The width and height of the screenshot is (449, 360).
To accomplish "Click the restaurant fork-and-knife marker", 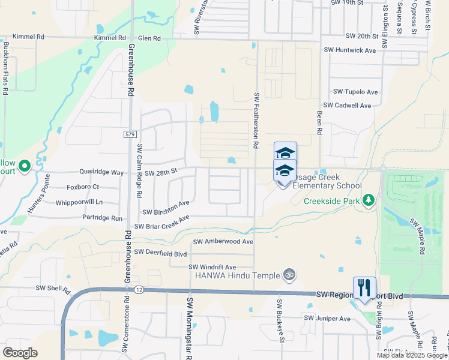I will coord(364,287).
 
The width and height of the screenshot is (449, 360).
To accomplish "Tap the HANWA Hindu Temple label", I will coord(237,275).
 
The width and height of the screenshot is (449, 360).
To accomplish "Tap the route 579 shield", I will coord(130,134).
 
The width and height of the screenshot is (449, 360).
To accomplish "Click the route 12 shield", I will coord(139,290).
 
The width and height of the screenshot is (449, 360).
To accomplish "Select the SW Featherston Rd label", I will coord(256,121).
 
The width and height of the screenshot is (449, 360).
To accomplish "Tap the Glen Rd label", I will coord(149,38).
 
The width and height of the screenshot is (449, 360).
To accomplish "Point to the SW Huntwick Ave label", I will coord(349,50).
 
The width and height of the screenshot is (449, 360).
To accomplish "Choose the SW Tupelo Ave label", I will coord(356,92).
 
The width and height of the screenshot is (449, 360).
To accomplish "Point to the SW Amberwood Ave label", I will coord(223,241).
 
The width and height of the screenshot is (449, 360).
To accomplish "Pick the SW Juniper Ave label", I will coord(327,318).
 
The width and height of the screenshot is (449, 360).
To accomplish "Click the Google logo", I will coord(20,353).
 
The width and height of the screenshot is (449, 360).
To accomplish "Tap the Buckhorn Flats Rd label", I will coord(5,68).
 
